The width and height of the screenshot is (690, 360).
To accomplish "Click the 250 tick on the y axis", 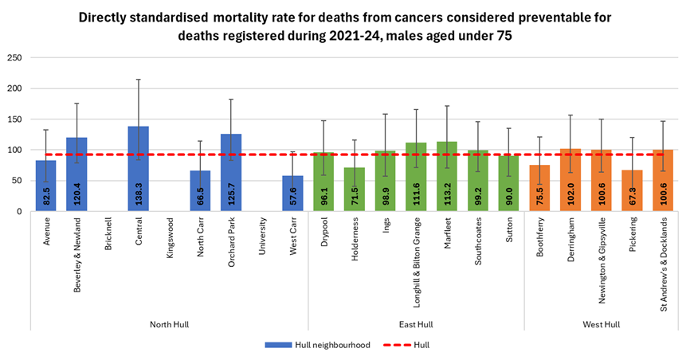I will tap(14, 58).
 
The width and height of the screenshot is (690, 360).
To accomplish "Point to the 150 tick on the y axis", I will tap(14, 119).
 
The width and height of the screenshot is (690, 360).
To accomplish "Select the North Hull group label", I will tap(169, 324).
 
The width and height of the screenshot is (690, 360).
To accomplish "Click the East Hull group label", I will tap(416, 324).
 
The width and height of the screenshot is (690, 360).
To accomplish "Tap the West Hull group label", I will tap(601, 324).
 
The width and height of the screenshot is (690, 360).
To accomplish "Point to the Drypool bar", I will tap(323, 182).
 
